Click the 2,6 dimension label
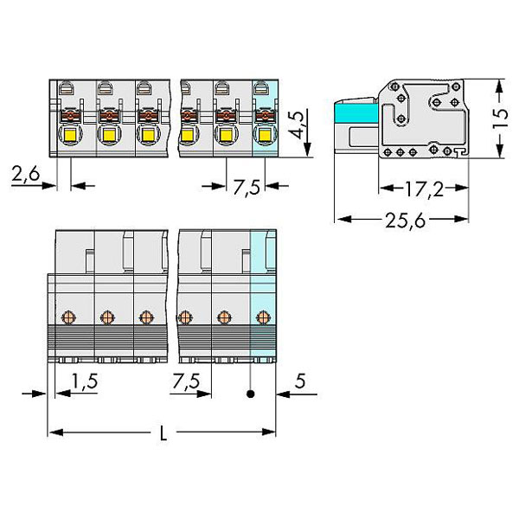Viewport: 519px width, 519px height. pyautogui.click(x=25, y=174)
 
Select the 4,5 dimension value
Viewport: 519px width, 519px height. pyautogui.click(x=296, y=125)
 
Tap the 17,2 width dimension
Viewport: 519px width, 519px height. pyautogui.click(x=424, y=189)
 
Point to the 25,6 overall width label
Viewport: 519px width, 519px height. pyautogui.click(x=405, y=221)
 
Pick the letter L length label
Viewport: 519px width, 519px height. pyautogui.click(x=163, y=433)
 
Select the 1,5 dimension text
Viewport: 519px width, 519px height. pyautogui.click(x=85, y=381)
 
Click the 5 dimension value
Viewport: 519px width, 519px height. pyautogui.click(x=300, y=381)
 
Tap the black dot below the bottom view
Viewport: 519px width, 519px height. pyautogui.click(x=251, y=394)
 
